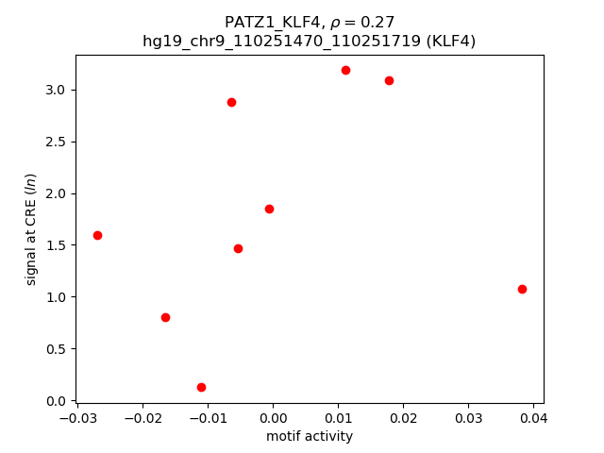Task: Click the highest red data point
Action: pos(345,70)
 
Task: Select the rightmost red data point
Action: pos(522,289)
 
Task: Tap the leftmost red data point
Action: pos(97,235)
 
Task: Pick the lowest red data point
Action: pos(201,387)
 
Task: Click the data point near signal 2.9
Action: pos(231,102)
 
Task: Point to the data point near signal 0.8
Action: pos(165,317)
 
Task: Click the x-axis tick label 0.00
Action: pos(273,416)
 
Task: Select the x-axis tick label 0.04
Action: pos(533,416)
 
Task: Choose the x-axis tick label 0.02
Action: pos(403,416)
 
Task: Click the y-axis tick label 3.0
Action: pos(56,90)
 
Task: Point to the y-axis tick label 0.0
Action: pos(56,400)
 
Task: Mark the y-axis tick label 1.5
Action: pos(56,245)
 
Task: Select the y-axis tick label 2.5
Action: pos(56,142)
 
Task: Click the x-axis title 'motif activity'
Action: pos(310,436)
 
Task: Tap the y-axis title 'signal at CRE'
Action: pos(31,229)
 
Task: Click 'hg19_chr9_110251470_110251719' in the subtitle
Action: pos(280,41)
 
